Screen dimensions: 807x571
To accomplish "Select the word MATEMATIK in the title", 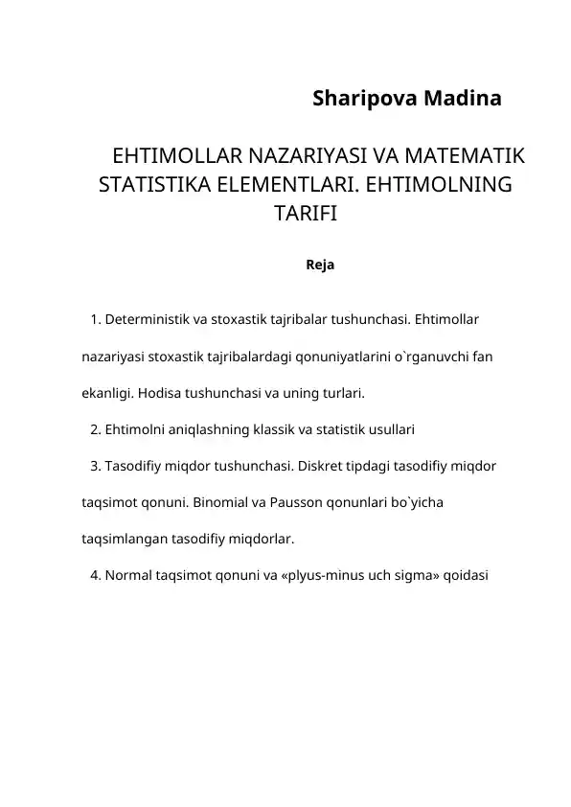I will tap(467, 156).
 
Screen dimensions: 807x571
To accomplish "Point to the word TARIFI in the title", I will tap(306, 212).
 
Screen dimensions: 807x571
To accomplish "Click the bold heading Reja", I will tap(319, 264).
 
